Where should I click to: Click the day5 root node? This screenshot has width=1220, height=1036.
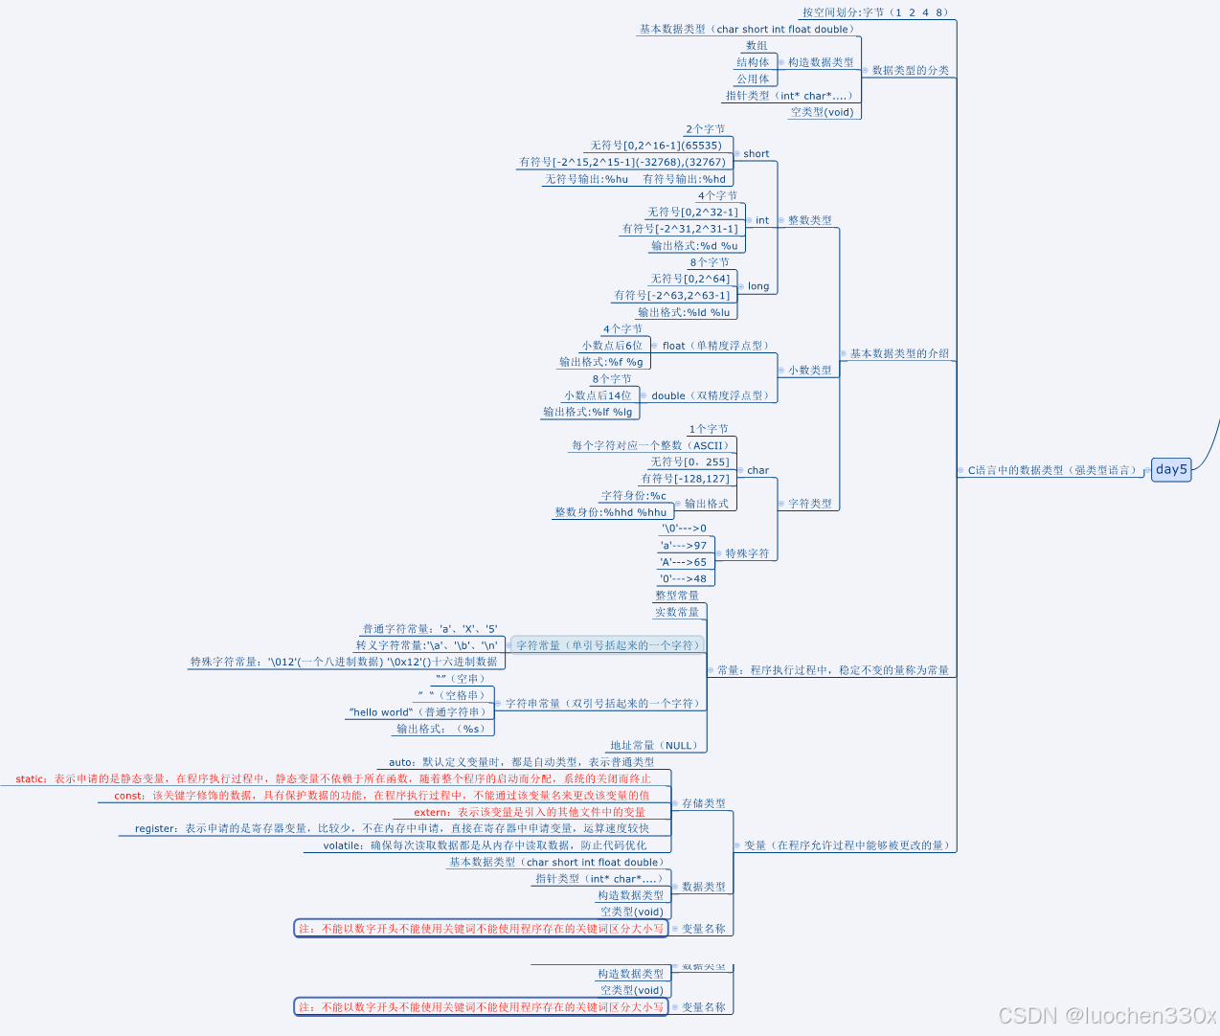pos(1171,469)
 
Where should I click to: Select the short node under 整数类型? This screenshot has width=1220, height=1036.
pos(756,153)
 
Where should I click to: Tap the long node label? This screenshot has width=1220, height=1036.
pos(758,286)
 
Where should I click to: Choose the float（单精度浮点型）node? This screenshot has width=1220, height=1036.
pos(715,346)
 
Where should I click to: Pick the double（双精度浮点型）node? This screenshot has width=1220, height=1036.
pos(710,395)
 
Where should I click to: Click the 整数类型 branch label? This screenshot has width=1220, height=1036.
pos(809,220)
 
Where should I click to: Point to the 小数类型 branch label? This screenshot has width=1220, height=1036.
pos(809,370)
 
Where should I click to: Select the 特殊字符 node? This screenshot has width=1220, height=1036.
pos(747,553)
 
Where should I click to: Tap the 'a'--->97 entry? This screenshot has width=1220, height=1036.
pos(684,546)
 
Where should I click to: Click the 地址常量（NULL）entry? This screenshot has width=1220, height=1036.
pos(655,745)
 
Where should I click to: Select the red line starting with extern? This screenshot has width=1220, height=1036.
pos(530,812)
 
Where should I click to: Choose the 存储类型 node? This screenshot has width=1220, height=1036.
pos(704,803)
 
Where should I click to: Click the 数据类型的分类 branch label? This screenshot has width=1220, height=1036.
pos(910,70)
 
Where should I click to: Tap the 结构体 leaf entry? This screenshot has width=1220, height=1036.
pos(753,62)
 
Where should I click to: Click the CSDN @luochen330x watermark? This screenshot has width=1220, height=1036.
pos(1106,1015)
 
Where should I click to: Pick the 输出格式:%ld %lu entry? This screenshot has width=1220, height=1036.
pos(684,312)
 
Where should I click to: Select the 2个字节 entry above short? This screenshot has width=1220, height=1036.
pos(705,129)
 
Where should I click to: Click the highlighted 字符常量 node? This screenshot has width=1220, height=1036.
pos(607,645)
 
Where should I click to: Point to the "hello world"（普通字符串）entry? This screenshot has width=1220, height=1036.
pos(418,712)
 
